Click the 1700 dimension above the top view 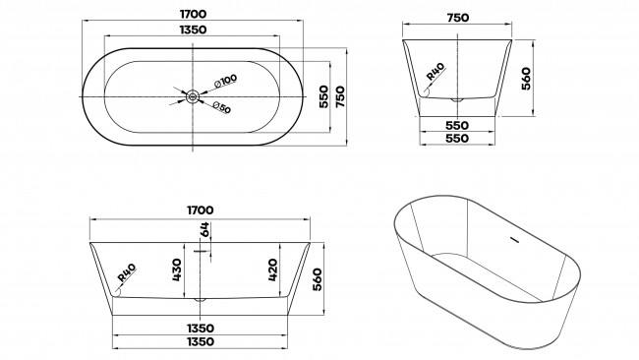[193, 14]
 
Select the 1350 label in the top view [193, 30]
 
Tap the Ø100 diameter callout [225, 81]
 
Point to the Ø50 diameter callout [221, 107]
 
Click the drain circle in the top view [193, 97]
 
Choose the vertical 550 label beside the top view [323, 96]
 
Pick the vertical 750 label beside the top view [340, 96]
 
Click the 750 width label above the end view [458, 18]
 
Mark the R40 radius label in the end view [436, 72]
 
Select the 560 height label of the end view [526, 79]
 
